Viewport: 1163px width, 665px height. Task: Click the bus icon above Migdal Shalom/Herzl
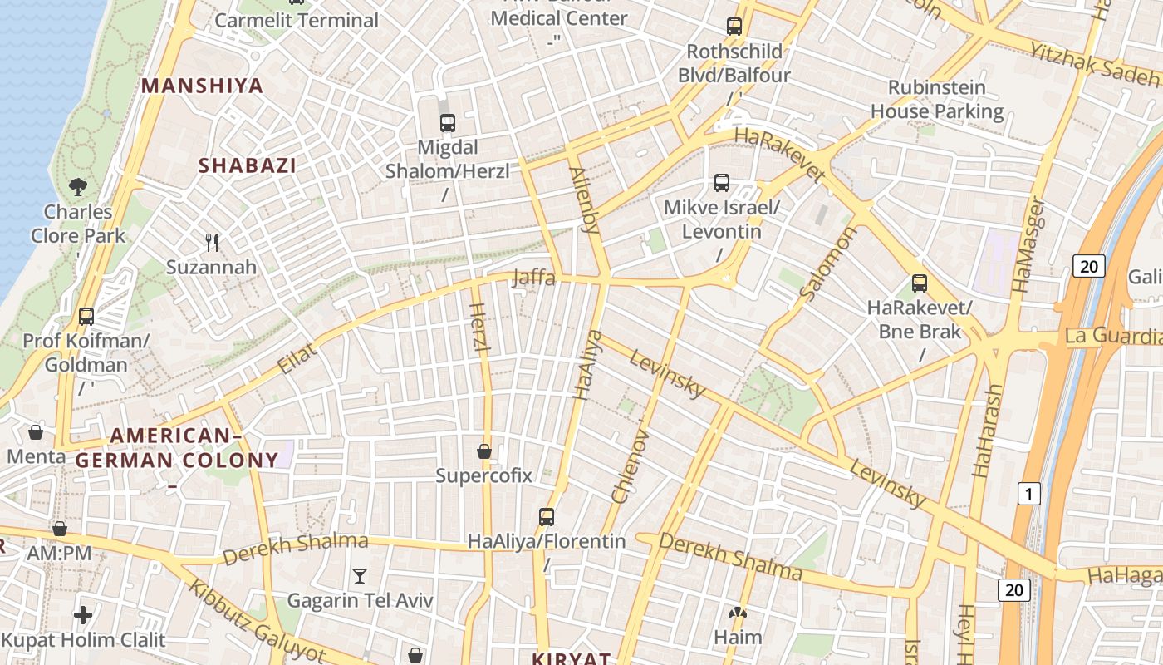(448, 123)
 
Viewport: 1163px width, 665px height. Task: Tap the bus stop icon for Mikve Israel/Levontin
(721, 182)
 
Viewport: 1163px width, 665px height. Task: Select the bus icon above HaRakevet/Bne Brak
(919, 283)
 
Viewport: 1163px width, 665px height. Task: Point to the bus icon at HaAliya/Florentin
(546, 516)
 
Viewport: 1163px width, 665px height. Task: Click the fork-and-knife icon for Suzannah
(212, 243)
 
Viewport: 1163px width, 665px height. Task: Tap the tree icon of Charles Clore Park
(78, 186)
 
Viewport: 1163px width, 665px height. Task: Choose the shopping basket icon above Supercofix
(484, 451)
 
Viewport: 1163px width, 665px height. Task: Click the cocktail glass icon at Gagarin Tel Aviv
(360, 575)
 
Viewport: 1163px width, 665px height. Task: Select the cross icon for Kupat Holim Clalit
(83, 615)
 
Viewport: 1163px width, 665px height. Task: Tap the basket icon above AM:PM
(59, 529)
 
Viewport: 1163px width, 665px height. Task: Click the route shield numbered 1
(1028, 495)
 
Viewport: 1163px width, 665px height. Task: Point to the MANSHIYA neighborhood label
(202, 86)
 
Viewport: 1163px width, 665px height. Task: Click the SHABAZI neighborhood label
(248, 165)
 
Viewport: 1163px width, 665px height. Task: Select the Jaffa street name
(533, 278)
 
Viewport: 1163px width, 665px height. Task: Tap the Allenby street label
(584, 199)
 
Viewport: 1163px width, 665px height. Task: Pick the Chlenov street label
(629, 465)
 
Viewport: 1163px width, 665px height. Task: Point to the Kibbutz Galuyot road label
(257, 621)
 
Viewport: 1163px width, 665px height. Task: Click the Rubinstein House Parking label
(937, 99)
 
